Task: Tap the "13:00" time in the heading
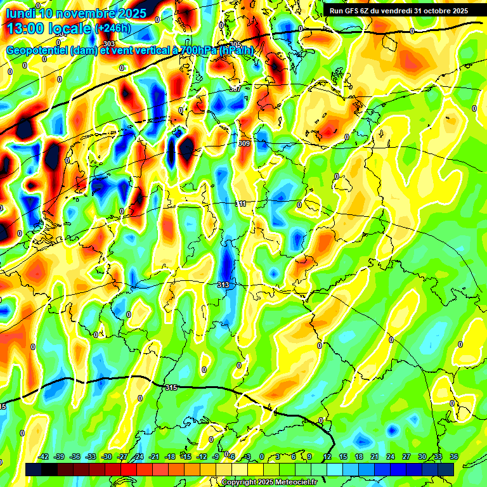25,28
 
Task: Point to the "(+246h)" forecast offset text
112,28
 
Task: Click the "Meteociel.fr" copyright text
292,483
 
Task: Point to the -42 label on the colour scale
43,457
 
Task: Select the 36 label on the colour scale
454,457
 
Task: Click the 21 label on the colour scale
375,457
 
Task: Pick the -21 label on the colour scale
154,457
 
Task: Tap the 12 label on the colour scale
327,457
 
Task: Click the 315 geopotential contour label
171,387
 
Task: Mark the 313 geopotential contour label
223,285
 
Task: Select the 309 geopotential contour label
244,144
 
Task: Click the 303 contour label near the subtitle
109,44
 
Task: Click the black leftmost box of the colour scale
34,469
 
